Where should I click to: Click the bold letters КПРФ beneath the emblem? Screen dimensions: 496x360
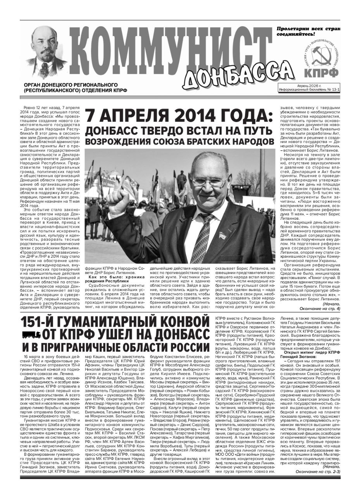click(325, 73)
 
